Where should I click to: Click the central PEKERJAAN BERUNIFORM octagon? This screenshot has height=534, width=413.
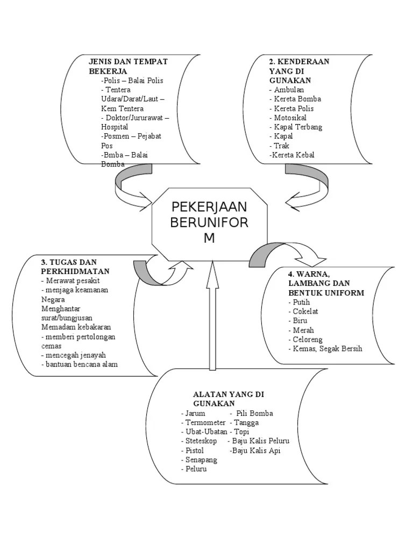tap(209, 223)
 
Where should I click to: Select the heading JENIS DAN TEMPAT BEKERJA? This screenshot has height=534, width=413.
tap(128, 66)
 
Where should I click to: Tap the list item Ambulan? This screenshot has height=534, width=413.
tap(288, 90)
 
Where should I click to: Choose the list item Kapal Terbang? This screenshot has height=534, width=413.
tap(297, 127)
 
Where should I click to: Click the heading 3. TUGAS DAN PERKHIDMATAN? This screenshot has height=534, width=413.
tap(75, 266)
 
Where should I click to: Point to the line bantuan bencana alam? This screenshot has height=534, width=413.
tap(79, 364)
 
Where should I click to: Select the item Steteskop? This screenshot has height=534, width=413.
tap(200, 441)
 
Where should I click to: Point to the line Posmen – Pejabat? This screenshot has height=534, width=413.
tap(131, 136)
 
